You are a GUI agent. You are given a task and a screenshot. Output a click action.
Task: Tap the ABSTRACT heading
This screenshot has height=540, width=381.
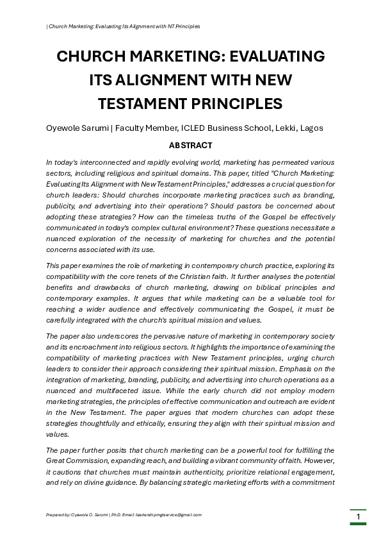click(190, 146)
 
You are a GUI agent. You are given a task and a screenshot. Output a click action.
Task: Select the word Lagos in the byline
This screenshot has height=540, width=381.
click(312, 128)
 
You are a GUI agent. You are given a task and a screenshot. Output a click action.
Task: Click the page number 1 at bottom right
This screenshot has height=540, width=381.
click(358, 517)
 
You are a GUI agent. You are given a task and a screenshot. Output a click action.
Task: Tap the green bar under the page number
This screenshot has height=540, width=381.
click(358, 524)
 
